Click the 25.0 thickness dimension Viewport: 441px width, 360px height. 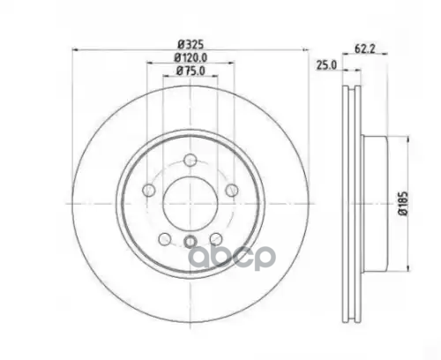point(325,65)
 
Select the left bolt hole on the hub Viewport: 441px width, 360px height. point(146,191)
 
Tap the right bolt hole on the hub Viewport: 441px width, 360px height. point(231,191)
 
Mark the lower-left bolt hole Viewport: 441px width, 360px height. point(163,238)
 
